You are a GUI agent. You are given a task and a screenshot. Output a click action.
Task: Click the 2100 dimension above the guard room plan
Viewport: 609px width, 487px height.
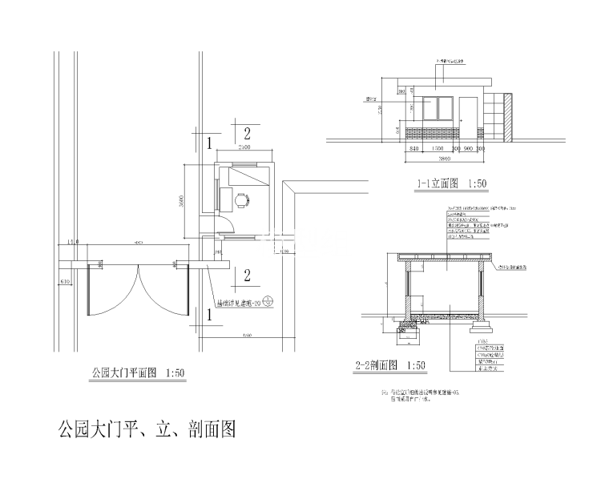(x=244, y=148)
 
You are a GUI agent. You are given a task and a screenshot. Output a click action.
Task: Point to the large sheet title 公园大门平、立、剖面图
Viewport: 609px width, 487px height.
(x=147, y=429)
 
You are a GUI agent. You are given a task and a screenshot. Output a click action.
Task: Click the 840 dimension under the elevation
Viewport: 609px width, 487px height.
(x=414, y=150)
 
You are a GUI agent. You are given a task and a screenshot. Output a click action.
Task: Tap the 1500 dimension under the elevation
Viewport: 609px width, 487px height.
(x=438, y=150)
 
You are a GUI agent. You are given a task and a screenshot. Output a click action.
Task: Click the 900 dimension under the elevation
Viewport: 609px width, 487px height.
(x=468, y=150)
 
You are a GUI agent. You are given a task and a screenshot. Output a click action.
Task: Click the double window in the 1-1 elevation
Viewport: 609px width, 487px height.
(x=438, y=110)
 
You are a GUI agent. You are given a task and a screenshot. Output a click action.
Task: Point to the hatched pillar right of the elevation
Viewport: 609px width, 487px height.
(x=506, y=117)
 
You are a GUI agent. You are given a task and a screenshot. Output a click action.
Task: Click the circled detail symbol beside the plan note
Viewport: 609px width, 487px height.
(x=268, y=304)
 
